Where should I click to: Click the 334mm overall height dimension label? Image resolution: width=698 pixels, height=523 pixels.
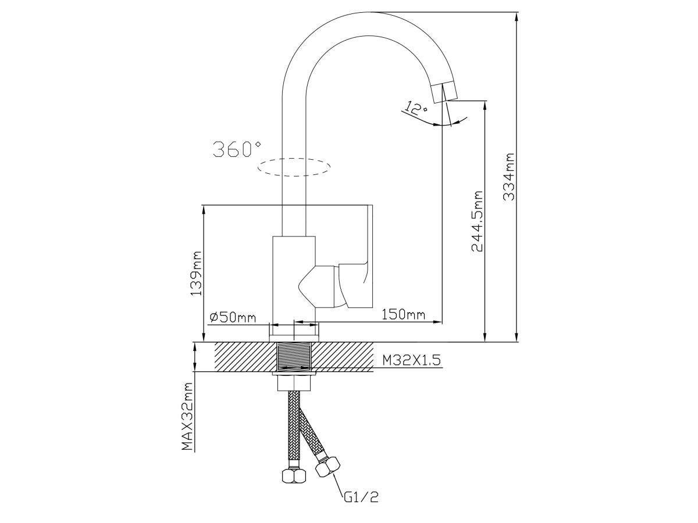coord(509,177)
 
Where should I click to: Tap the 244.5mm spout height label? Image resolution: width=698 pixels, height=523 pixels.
coord(476,221)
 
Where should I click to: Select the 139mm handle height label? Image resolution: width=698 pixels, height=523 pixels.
coord(196,274)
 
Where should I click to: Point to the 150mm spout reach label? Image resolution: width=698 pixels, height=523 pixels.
coord(403,315)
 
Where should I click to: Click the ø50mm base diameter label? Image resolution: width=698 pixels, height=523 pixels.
coord(233,317)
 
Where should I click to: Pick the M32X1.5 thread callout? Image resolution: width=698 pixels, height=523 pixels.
coord(411,360)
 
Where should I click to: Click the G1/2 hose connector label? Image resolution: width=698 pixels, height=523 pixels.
coord(361,506)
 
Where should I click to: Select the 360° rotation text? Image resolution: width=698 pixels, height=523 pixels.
coord(237,149)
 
